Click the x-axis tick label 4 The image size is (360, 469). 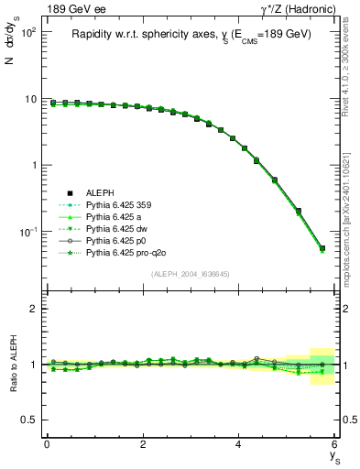coord(239,444)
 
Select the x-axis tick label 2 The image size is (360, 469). coord(143,444)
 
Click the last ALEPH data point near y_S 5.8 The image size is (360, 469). coord(322,248)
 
